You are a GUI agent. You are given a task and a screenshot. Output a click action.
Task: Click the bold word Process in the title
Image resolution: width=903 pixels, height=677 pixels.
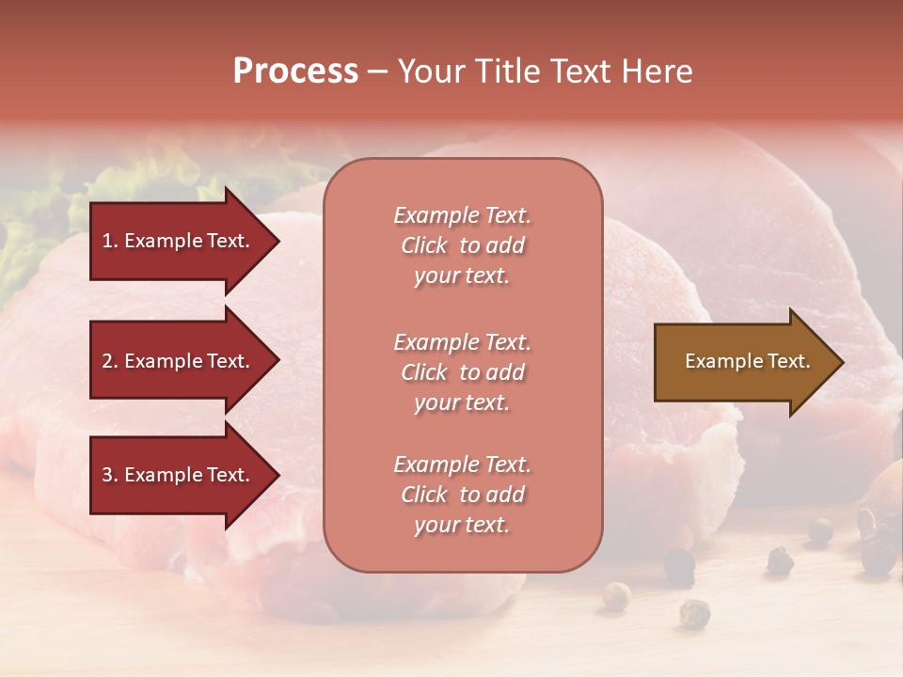[x=295, y=71]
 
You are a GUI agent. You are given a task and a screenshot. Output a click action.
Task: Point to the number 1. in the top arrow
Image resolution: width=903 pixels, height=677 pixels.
[x=110, y=241]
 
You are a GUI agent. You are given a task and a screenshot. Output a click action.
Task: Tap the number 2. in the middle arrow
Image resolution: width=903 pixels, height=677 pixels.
[x=110, y=361]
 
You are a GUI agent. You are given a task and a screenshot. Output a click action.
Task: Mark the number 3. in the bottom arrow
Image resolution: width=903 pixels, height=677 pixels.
[x=110, y=475]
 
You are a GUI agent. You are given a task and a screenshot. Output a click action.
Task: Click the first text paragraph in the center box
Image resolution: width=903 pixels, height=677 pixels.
[x=462, y=245]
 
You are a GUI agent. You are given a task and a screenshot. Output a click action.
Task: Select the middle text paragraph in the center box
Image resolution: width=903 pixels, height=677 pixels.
[x=462, y=372]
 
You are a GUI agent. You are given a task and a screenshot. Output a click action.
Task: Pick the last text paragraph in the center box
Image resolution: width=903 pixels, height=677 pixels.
[x=462, y=495]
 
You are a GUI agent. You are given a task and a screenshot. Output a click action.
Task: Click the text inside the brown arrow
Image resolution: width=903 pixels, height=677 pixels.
[x=748, y=361]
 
